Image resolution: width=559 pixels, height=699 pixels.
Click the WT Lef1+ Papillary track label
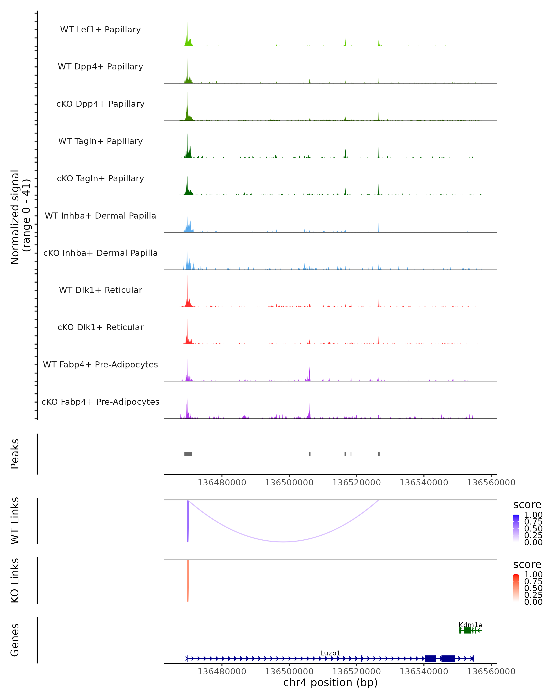click(100, 30)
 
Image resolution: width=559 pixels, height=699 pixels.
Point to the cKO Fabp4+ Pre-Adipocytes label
click(100, 402)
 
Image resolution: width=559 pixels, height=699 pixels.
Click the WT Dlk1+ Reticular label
click(100, 290)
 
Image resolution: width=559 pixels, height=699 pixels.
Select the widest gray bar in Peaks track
click(188, 454)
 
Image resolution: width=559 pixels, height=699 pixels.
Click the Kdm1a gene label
click(470, 625)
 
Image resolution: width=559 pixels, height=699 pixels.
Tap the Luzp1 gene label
click(330, 653)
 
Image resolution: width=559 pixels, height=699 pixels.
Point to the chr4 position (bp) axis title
click(330, 682)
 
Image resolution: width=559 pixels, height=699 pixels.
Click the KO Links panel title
click(15, 580)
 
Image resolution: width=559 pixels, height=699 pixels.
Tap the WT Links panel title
click(15, 520)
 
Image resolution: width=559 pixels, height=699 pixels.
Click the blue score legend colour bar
click(516, 528)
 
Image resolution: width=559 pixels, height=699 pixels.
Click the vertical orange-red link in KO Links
click(188, 580)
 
